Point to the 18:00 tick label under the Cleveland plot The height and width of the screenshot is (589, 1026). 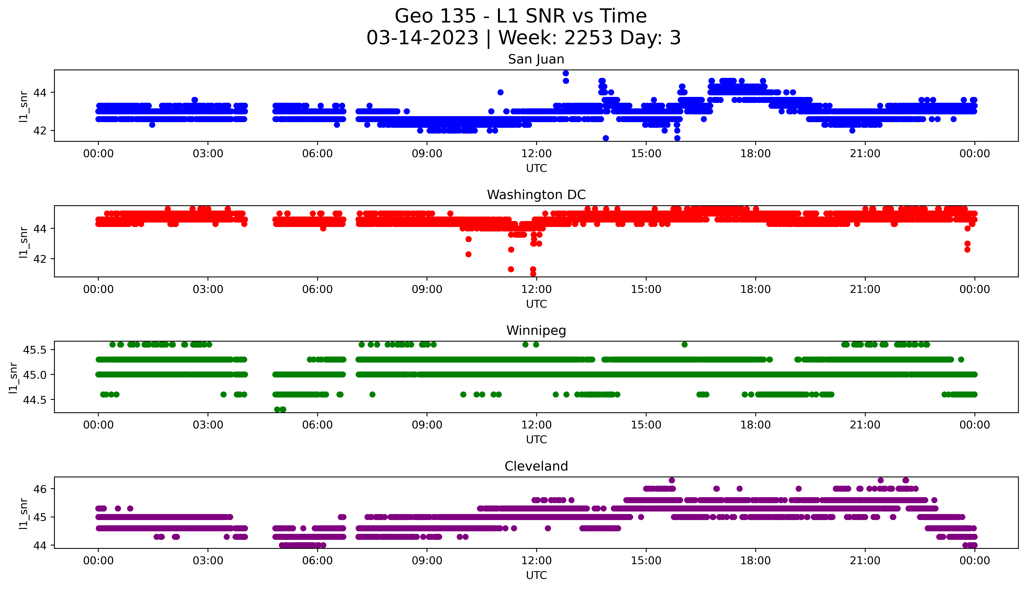tap(755, 561)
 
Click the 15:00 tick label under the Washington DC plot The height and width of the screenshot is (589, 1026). tap(646, 289)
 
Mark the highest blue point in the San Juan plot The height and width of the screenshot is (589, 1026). tap(566, 73)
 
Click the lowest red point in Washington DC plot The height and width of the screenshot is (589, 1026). tap(533, 274)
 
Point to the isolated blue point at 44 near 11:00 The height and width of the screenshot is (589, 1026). tap(500, 92)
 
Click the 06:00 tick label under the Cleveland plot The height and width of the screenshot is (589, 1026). tap(317, 561)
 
